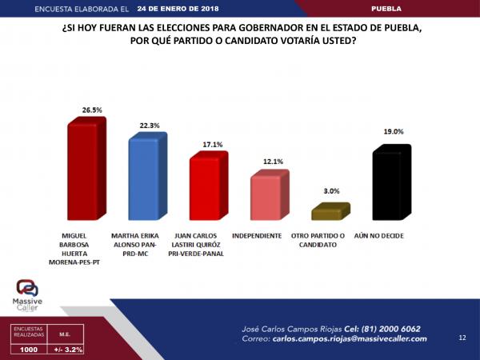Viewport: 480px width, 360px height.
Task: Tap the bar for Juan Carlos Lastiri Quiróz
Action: (206, 188)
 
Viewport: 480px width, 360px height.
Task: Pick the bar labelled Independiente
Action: (266, 197)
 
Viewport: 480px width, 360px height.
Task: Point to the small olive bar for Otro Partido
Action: (327, 213)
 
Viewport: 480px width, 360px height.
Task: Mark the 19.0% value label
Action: (393, 132)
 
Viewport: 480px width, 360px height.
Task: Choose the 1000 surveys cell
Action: (26, 350)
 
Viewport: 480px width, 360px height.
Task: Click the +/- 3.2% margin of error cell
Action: (68, 350)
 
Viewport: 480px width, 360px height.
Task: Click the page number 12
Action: (462, 338)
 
